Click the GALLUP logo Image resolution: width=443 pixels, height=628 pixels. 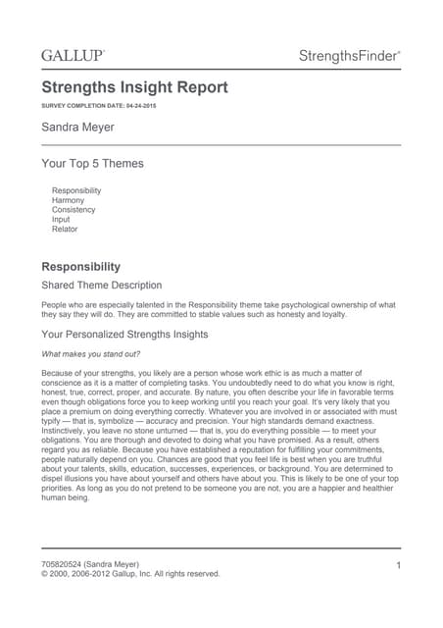point(74,57)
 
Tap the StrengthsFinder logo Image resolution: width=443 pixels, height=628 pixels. point(349,58)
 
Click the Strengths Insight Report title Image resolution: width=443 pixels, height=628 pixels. point(134,88)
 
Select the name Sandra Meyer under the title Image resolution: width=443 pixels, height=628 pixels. point(78,128)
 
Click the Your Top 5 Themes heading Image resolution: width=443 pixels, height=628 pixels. point(92,163)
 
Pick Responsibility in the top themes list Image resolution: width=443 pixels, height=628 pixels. point(76,190)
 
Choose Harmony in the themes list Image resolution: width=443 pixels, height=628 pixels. point(68,200)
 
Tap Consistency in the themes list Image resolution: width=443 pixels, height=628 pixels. point(74,210)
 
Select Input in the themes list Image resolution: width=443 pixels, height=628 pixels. point(61,220)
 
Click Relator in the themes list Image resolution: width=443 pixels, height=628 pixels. point(65,230)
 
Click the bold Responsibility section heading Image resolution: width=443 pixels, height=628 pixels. point(80,267)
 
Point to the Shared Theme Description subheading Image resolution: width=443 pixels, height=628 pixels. point(101,286)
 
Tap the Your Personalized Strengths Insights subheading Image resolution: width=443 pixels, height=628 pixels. point(124,335)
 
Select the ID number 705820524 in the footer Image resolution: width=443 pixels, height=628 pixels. point(63,564)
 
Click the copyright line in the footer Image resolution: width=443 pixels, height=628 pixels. point(130,574)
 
